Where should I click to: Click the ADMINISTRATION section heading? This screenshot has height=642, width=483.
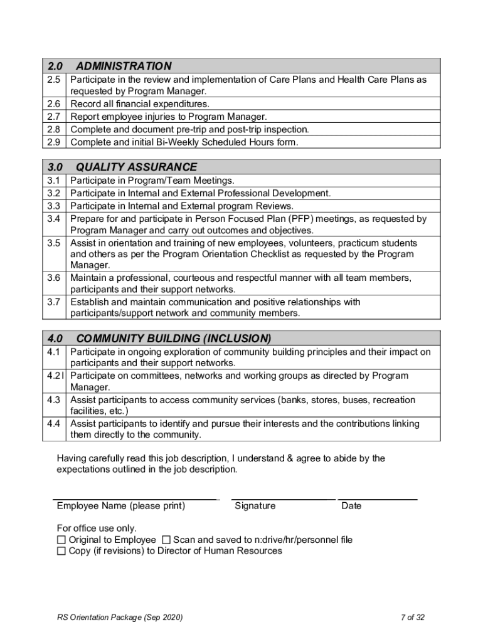(x=124, y=66)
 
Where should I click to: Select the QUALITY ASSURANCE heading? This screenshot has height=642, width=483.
(x=136, y=167)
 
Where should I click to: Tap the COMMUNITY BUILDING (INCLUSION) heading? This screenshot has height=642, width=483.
(x=173, y=339)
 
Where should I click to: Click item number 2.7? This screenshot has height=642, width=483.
(x=53, y=117)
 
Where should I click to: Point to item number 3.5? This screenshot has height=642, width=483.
(x=53, y=243)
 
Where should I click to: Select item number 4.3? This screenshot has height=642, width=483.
(x=53, y=399)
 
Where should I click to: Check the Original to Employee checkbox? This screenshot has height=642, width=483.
(x=61, y=540)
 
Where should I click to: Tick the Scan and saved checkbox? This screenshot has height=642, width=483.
(x=166, y=540)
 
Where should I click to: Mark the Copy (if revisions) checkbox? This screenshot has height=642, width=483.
(x=61, y=551)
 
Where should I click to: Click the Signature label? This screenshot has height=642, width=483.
(x=255, y=506)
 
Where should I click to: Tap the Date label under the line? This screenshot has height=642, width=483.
(x=351, y=506)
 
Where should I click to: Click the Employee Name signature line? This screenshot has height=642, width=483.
(x=135, y=498)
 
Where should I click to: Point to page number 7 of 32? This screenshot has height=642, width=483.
(x=413, y=618)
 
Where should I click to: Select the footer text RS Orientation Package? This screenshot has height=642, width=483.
(x=119, y=618)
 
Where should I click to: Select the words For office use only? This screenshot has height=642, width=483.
(x=97, y=529)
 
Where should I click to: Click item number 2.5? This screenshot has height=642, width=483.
(x=53, y=80)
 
